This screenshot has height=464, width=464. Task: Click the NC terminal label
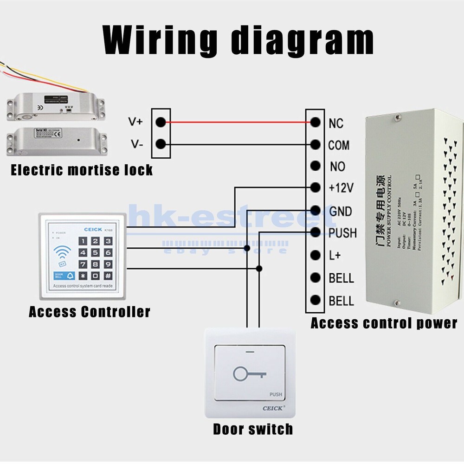335,123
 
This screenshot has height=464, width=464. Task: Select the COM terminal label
339,145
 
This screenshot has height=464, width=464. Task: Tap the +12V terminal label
341,188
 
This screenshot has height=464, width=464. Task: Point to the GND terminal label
340,212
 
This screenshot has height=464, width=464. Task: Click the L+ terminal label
335,256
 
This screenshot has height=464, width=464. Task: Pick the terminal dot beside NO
316,166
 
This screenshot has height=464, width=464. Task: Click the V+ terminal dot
161,122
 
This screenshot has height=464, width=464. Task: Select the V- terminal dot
161,144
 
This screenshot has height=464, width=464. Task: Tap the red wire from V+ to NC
237,122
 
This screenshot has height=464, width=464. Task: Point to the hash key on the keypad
108,276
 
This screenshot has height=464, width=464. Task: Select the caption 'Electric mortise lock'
82,170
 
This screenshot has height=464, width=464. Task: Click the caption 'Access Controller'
90,311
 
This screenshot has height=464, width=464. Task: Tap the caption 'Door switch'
253,429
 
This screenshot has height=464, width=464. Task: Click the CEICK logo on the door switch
274,408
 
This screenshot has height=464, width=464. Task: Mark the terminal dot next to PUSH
316,232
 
